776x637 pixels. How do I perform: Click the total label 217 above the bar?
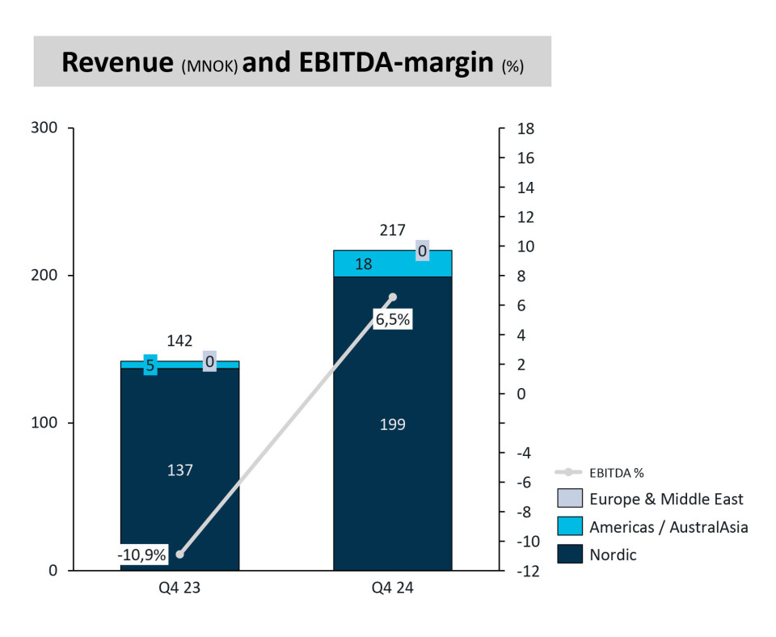(x=393, y=231)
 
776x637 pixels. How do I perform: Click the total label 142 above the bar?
(x=179, y=341)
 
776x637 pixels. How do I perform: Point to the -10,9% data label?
(x=141, y=555)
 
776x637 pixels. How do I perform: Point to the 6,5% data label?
(x=393, y=319)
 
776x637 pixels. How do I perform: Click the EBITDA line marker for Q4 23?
(x=179, y=555)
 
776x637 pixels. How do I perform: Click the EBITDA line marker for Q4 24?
(x=393, y=297)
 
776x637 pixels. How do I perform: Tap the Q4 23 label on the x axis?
(x=179, y=589)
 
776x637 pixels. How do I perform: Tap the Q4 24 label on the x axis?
(x=393, y=589)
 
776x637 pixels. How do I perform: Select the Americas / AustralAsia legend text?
(x=668, y=527)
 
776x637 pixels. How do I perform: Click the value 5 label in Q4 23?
(x=150, y=365)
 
